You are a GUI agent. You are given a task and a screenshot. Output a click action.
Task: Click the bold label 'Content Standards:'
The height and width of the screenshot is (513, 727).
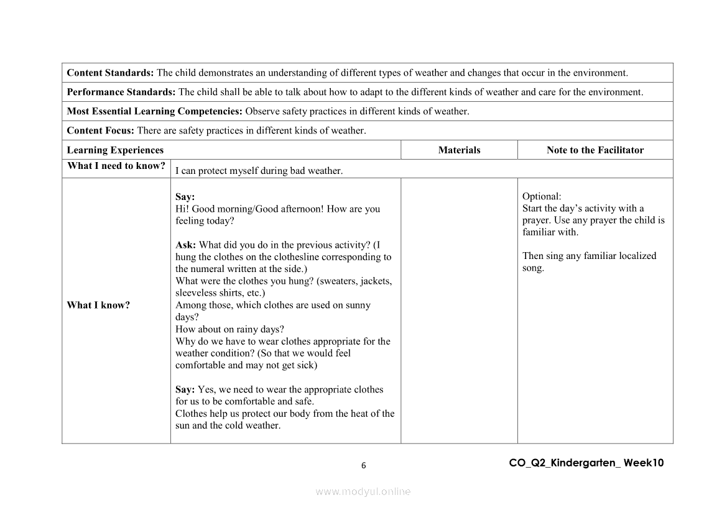point(110,73)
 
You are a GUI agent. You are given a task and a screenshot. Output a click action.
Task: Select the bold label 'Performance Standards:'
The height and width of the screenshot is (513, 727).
point(121,92)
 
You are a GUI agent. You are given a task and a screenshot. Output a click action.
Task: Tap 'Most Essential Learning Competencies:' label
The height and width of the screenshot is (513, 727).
point(155,111)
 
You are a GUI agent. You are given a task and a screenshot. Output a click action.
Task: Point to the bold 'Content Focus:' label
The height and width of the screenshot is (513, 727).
point(100,130)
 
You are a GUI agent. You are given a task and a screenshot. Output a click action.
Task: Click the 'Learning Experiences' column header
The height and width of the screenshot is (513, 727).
point(115,150)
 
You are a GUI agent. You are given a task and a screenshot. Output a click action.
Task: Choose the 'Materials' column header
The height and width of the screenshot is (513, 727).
point(459,150)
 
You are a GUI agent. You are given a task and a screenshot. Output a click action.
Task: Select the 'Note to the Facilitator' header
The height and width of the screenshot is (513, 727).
point(595,150)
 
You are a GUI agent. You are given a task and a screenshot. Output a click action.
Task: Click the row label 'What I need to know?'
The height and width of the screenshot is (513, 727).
point(116,166)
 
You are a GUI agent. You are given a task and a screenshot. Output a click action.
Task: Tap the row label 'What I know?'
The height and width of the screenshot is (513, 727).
point(98,305)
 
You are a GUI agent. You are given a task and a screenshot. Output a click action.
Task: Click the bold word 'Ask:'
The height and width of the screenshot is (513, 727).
point(186,245)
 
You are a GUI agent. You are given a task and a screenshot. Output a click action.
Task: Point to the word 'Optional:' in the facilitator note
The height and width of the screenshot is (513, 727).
point(542,196)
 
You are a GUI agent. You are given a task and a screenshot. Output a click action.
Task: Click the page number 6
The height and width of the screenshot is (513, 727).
point(364,466)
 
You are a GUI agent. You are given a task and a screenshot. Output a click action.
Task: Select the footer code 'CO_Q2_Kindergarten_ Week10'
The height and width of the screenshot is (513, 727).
point(586,463)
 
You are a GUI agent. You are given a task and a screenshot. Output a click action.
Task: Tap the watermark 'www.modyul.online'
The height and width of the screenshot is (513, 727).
point(363,491)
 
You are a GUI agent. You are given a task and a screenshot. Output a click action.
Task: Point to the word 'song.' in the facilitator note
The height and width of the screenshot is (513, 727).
point(533,268)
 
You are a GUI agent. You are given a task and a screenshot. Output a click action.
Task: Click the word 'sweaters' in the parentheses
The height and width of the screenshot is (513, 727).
point(338,281)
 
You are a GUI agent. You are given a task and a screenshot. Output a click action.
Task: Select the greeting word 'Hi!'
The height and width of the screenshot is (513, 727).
point(182,209)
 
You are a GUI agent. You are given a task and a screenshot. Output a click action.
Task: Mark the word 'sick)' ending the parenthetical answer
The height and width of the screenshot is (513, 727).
point(306,365)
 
